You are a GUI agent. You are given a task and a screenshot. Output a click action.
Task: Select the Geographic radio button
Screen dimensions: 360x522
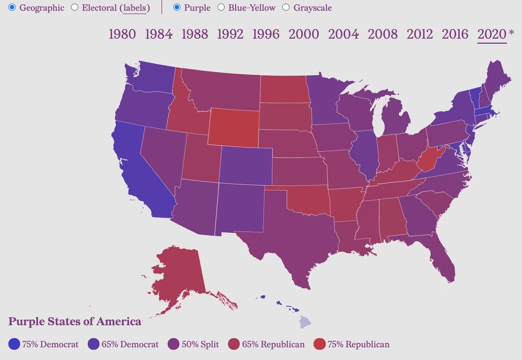(12, 8)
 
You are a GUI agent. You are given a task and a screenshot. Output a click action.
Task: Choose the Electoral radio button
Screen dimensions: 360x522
(75, 8)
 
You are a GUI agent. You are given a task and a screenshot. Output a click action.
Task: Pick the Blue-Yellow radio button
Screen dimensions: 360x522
(221, 8)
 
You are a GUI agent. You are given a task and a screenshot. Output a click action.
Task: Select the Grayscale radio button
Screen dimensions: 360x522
(286, 8)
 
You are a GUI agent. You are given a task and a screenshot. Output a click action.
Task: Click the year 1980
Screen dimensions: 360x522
(122, 34)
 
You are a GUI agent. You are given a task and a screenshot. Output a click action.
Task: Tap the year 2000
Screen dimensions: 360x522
(304, 34)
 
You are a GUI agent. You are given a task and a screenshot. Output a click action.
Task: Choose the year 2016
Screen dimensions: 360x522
(455, 34)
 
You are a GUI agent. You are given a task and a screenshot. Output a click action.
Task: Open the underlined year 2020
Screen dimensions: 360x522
(492, 34)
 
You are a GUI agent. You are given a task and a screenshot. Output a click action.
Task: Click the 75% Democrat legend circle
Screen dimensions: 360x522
(15, 344)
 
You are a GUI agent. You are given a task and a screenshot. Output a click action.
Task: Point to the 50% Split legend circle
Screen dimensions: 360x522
(174, 344)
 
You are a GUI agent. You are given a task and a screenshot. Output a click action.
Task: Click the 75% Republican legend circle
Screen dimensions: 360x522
(319, 344)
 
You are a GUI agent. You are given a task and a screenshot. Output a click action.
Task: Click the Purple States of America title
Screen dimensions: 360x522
(75, 321)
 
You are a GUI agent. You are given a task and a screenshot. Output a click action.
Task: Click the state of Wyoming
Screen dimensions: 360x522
(233, 127)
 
